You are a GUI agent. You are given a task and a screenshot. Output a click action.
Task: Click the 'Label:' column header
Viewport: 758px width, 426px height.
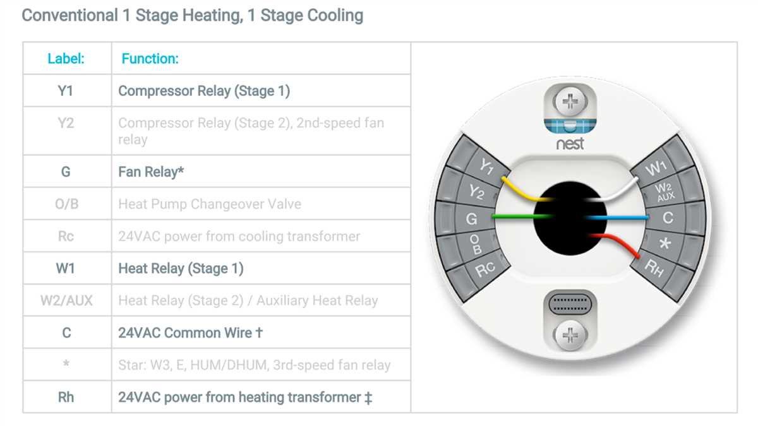(x=66, y=59)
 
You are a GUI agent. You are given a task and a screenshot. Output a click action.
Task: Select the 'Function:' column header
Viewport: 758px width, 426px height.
(x=150, y=59)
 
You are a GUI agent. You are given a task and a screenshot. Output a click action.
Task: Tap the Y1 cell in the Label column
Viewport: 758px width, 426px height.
(x=66, y=91)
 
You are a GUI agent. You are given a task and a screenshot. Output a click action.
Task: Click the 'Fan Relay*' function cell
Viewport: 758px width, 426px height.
(x=151, y=172)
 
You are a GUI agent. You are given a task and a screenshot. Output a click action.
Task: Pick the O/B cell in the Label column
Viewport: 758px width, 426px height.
(x=67, y=204)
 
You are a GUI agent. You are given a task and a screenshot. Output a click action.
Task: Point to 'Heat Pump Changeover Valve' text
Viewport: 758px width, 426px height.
(x=210, y=204)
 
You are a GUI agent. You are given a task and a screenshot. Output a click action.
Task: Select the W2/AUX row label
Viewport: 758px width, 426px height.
(x=66, y=300)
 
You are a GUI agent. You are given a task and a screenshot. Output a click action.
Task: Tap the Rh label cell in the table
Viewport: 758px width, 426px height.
(x=66, y=397)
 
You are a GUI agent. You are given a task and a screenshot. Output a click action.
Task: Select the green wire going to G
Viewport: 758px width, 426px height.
(x=523, y=216)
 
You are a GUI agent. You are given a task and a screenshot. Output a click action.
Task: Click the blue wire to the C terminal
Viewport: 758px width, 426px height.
(x=618, y=218)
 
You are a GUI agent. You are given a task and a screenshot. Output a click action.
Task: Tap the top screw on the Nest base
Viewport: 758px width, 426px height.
(x=570, y=102)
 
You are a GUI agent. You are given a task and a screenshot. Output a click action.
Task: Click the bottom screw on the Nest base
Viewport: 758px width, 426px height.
(x=570, y=335)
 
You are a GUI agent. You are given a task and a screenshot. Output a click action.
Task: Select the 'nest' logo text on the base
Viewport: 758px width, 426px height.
(x=570, y=144)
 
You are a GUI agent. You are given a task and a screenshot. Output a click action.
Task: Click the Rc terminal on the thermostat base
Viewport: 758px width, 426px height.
(x=485, y=269)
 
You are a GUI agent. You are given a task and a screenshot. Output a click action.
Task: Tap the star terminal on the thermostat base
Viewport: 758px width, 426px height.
(x=665, y=244)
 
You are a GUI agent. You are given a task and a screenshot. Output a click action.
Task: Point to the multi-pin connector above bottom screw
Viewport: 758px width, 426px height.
(x=570, y=304)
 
